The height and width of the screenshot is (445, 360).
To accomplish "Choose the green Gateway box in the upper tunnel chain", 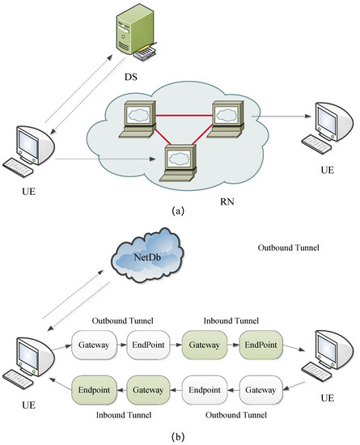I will pyautogui.click(x=201, y=345).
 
